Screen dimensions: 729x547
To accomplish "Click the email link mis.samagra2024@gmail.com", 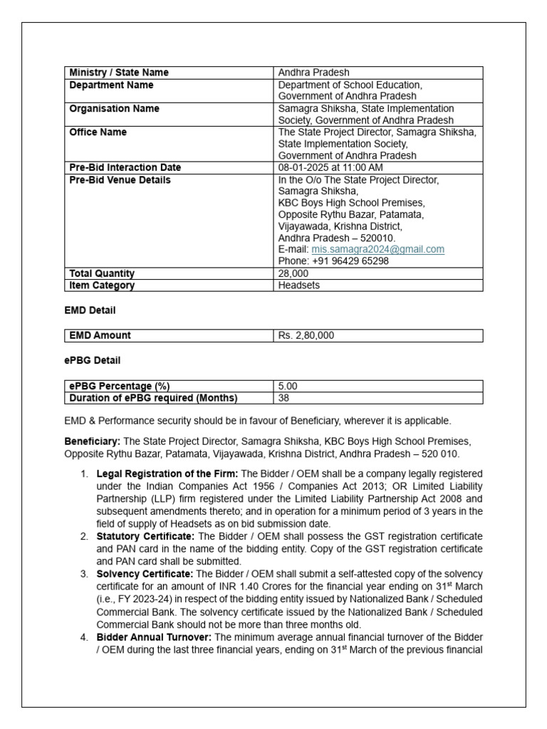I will click(x=377, y=249).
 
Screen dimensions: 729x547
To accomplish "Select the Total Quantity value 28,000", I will click(x=293, y=273).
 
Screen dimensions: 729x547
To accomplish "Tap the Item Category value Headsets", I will click(x=299, y=285).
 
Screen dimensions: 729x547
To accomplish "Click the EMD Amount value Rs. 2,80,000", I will click(x=306, y=335).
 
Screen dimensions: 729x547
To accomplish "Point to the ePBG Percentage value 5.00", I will click(x=288, y=386).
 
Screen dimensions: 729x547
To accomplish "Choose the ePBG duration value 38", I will click(x=284, y=398).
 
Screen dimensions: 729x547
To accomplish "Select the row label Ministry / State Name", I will click(x=119, y=73).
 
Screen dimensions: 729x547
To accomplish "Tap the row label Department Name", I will click(x=111, y=85).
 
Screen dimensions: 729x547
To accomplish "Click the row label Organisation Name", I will click(x=114, y=109).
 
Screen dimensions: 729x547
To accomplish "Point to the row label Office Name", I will click(x=98, y=132).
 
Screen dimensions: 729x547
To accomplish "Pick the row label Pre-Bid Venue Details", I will click(x=120, y=180).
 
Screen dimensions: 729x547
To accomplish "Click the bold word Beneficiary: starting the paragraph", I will click(x=93, y=441).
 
